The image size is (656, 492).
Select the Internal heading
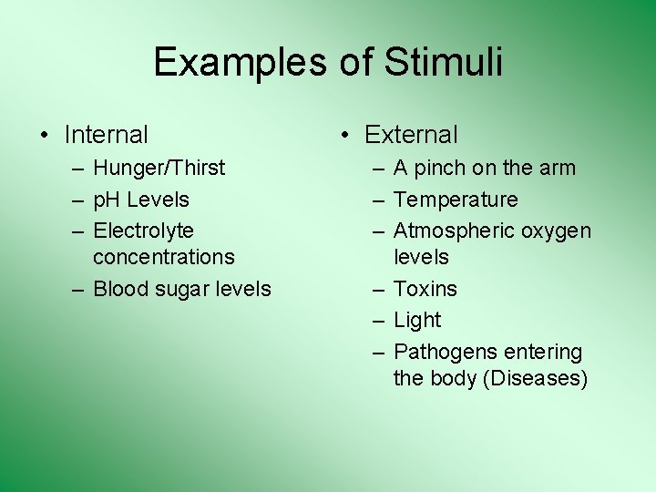[x=106, y=135]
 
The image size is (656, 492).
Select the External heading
[x=411, y=135]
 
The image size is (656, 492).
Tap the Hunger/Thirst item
[x=159, y=168]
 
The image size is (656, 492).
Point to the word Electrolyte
[x=144, y=231]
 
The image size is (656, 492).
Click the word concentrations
[x=164, y=257]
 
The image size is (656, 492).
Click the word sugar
[x=187, y=290]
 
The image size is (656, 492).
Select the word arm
[x=558, y=169]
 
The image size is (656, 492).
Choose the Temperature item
[x=456, y=200]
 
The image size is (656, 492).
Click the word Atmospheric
[x=448, y=231]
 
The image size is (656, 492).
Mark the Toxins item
[x=425, y=289]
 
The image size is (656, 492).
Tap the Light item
[x=417, y=321]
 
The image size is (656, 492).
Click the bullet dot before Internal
[x=44, y=136]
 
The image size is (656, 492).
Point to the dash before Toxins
[x=376, y=289]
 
